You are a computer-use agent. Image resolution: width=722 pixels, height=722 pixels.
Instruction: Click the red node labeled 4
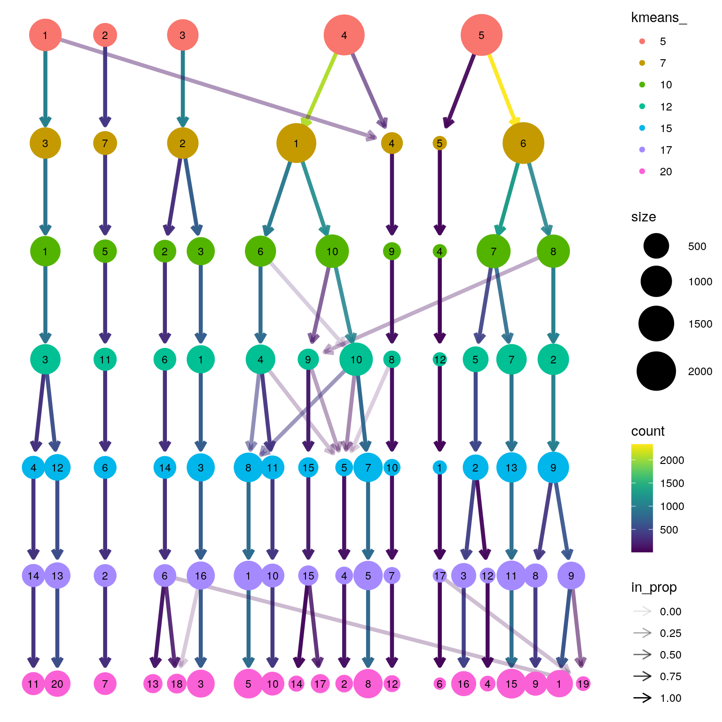[344, 35]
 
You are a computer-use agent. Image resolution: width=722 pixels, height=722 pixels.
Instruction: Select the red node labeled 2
[105, 35]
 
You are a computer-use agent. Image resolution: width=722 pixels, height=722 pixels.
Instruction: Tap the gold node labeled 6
[523, 143]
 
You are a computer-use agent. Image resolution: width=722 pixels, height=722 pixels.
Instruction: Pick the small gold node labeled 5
[439, 143]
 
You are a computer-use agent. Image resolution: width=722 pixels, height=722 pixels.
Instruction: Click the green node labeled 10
[332, 251]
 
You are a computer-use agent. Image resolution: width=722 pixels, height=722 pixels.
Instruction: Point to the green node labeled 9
[392, 251]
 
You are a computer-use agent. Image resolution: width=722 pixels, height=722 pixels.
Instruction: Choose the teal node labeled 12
[439, 360]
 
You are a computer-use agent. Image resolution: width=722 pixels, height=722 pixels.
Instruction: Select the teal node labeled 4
[260, 360]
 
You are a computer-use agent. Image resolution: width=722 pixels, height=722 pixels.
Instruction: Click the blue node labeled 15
[308, 468]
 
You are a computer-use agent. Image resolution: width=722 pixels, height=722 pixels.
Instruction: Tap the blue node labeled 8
[248, 468]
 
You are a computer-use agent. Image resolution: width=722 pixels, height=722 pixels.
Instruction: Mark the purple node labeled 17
[439, 576]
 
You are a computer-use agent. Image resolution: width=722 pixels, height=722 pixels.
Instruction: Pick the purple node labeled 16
[201, 576]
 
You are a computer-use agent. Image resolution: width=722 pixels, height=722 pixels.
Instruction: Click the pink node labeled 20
[57, 684]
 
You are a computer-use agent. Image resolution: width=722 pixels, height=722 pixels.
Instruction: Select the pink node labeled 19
[583, 684]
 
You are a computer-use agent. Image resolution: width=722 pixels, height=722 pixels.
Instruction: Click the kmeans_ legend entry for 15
[643, 128]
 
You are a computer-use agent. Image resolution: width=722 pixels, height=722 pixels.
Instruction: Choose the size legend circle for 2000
[656, 371]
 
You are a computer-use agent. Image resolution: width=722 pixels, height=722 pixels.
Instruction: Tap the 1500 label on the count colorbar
[672, 483]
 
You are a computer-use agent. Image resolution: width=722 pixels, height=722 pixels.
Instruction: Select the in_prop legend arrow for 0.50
[643, 655]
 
